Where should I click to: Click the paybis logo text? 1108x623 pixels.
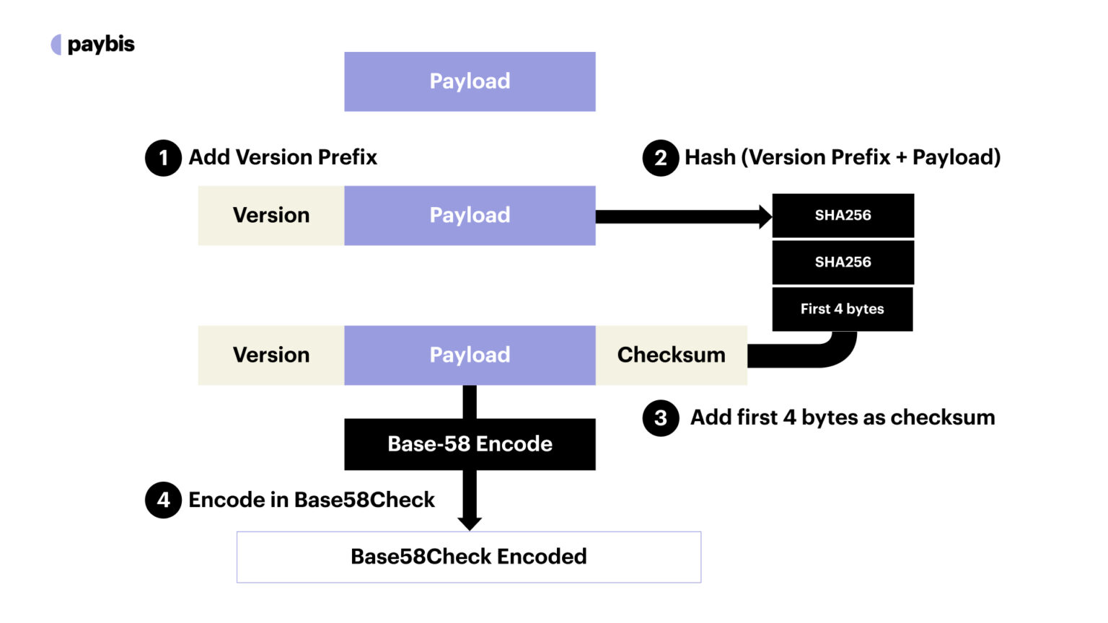point(101,45)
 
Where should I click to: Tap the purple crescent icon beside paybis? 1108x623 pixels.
point(56,45)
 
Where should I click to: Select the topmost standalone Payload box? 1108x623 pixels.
point(470,81)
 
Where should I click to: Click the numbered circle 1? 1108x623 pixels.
point(163,158)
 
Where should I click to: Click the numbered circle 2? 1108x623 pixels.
point(660,158)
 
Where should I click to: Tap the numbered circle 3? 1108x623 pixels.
point(660,418)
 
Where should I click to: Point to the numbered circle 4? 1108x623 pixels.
point(163,500)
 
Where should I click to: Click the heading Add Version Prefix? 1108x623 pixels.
point(283,157)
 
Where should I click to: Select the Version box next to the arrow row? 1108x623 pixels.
point(271,216)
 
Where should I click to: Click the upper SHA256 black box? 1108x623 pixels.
point(843,216)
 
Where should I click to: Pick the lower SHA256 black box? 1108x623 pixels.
point(843,262)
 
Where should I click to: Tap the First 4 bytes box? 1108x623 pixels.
point(842,309)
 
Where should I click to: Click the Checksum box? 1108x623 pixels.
point(671,355)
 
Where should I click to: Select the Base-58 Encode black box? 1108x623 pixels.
point(470,444)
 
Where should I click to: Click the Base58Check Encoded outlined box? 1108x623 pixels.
point(469,557)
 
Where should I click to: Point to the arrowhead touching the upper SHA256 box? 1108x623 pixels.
point(765,216)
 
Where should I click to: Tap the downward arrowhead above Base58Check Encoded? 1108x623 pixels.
point(470,522)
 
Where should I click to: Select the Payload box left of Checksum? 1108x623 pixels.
point(470,355)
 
